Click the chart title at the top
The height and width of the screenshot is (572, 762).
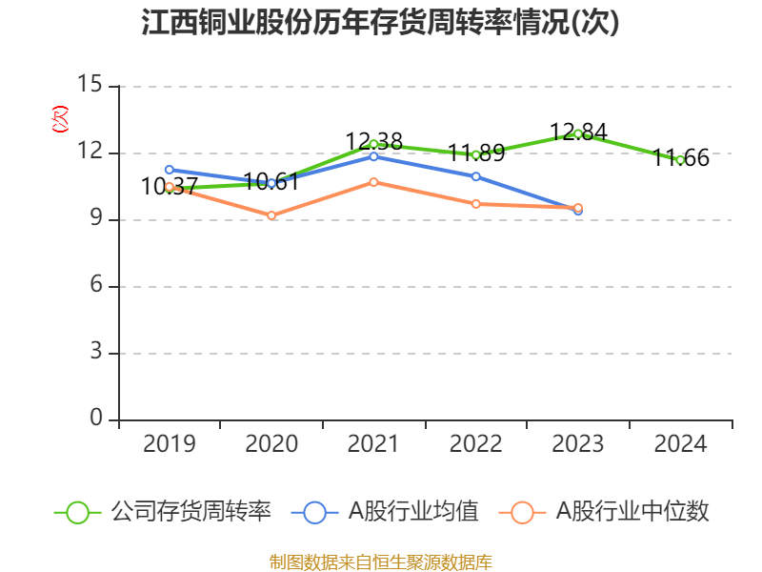click(380, 23)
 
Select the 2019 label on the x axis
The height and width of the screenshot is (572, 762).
click(169, 443)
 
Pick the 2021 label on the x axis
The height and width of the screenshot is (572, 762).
click(373, 443)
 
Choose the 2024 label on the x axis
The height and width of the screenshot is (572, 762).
click(680, 443)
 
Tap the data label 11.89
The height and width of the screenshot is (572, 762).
click(476, 152)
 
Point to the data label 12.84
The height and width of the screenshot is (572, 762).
click(578, 132)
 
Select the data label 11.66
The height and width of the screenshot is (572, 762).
click(681, 158)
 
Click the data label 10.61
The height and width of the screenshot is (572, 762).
click(271, 181)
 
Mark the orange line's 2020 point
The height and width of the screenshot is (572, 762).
click(271, 215)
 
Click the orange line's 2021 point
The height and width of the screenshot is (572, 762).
click(373, 181)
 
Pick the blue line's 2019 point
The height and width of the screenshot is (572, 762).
click(169, 169)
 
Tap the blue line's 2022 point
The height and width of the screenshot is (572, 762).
click(476, 176)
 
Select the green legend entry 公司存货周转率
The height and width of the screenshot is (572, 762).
click(163, 512)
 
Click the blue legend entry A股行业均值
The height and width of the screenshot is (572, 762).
click(391, 512)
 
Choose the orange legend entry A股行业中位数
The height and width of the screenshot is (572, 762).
click(610, 512)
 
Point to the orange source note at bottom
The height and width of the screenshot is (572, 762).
click(380, 562)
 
